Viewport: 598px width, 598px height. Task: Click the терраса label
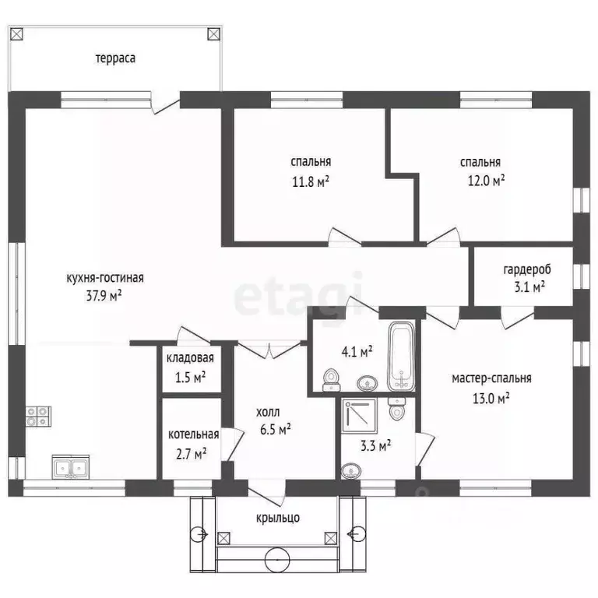[115, 58]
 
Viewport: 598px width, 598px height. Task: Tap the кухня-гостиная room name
[105, 278]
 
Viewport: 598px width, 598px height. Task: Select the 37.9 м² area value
[104, 296]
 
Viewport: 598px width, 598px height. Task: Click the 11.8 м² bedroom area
[311, 181]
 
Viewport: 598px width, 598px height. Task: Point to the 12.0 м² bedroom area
[486, 180]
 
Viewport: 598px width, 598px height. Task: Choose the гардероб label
[527, 269]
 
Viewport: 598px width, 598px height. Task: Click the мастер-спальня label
[491, 378]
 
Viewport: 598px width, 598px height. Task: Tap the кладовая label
[190, 358]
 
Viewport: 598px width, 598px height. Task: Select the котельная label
[193, 434]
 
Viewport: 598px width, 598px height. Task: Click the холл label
[268, 412]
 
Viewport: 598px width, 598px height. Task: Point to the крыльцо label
[278, 518]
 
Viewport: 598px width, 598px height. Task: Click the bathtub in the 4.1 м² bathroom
[401, 357]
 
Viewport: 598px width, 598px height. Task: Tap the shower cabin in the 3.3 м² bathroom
[359, 416]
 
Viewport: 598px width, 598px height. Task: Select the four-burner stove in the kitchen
[38, 417]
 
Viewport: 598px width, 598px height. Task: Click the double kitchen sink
[71, 467]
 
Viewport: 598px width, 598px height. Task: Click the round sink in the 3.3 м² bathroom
[351, 471]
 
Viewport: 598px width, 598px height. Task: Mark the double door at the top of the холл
[270, 350]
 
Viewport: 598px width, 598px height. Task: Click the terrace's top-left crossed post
[17, 34]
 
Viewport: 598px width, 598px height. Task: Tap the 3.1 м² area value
[529, 287]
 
